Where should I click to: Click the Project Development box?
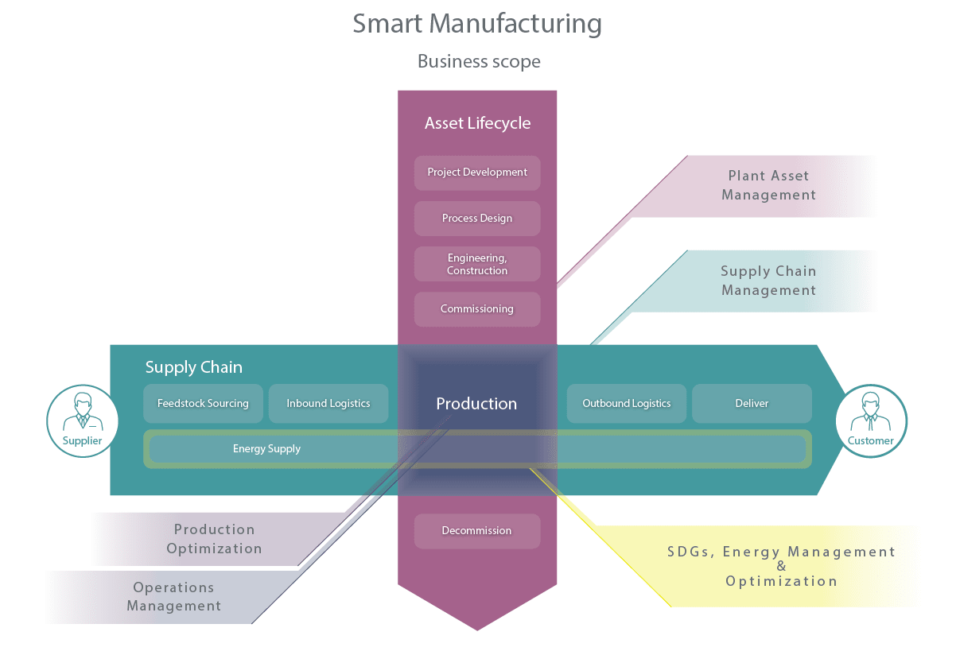477,172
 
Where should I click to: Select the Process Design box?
477,219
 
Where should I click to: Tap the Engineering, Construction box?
477,264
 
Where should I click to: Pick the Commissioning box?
477,309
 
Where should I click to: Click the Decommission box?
477,531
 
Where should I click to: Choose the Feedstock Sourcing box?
203,404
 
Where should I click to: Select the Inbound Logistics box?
328,404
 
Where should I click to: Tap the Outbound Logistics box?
627,404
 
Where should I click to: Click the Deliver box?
752,404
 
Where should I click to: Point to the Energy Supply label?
266,449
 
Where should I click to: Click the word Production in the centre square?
476,404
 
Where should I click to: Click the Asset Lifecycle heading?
477,123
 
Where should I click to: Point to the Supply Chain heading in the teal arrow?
193,367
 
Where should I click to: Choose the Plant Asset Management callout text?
768,185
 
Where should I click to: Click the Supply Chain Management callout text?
768,281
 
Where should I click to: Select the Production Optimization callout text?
214,539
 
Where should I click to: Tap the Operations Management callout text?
173,596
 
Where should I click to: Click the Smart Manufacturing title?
477,24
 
